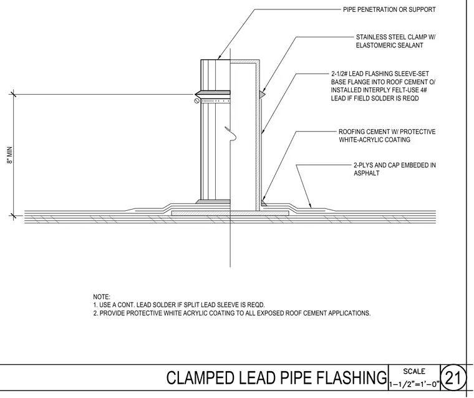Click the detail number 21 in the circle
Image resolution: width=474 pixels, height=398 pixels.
(452, 378)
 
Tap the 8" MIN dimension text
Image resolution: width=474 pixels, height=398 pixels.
(10, 155)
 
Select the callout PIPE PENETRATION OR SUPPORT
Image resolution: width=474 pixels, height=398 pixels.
(389, 10)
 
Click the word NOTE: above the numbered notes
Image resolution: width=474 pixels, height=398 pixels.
(102, 297)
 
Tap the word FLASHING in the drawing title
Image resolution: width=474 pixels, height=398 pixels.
(351, 378)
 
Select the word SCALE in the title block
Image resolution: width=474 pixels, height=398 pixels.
(414, 371)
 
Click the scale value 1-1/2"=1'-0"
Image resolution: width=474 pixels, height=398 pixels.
(414, 385)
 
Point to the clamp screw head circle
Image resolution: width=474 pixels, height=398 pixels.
(197, 100)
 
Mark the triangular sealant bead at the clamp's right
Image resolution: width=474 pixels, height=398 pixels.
(263, 94)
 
